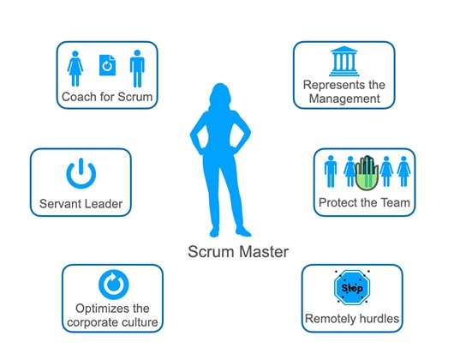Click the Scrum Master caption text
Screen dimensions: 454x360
(x=238, y=251)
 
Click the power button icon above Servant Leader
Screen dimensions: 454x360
(x=81, y=173)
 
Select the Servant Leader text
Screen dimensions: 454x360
(x=81, y=204)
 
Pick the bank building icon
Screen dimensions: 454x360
(x=344, y=61)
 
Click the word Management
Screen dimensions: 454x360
(x=344, y=99)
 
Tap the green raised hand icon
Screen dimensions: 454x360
(x=367, y=173)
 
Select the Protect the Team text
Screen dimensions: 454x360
(x=364, y=203)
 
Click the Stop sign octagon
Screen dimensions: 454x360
(x=352, y=288)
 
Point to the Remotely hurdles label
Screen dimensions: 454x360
(x=352, y=319)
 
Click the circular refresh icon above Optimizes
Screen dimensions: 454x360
(x=113, y=285)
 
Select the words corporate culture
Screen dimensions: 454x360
(x=112, y=322)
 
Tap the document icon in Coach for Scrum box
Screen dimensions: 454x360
(x=107, y=65)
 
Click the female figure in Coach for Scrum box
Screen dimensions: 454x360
(x=75, y=69)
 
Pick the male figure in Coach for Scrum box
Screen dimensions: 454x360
(x=137, y=69)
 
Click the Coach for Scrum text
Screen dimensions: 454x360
(x=107, y=97)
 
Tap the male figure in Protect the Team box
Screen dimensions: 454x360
(x=331, y=171)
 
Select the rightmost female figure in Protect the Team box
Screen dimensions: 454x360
(x=404, y=171)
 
